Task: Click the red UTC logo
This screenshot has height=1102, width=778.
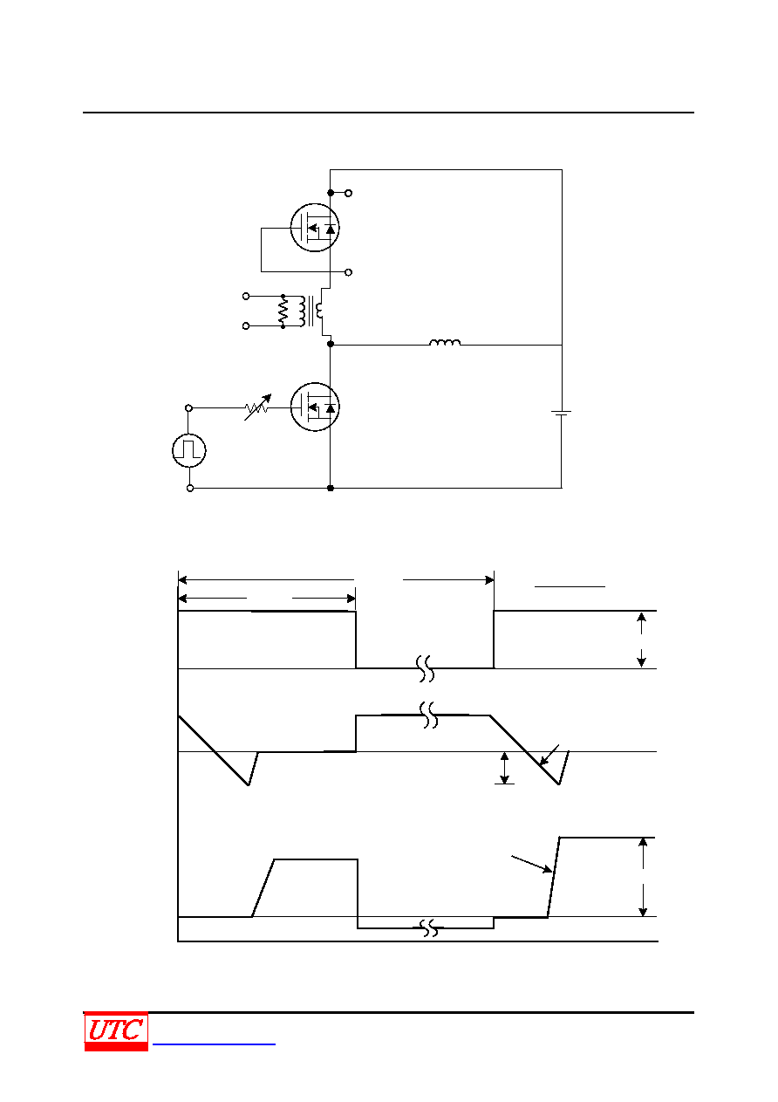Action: (116, 1030)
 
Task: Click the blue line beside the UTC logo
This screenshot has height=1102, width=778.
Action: (214, 1044)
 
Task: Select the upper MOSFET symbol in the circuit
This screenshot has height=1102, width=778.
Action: (315, 228)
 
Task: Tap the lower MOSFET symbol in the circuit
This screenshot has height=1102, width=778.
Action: (315, 407)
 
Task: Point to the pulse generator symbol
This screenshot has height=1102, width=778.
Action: (189, 450)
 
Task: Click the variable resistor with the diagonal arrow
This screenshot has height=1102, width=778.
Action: (257, 407)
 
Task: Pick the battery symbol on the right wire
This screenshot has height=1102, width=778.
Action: (561, 414)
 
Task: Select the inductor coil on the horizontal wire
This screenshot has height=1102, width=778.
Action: (445, 342)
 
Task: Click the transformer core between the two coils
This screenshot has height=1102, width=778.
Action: (310, 311)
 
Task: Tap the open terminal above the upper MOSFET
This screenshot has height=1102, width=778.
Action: (348, 193)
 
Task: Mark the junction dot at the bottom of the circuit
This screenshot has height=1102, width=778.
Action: (331, 488)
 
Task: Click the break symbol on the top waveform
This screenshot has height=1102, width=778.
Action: (426, 668)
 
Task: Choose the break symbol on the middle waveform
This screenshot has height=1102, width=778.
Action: (429, 715)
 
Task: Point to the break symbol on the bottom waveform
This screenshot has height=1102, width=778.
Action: (430, 928)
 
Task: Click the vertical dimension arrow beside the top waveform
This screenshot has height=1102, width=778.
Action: (641, 640)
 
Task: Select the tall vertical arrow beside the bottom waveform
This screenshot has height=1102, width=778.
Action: (643, 877)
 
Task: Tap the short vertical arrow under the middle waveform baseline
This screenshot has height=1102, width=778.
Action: (505, 768)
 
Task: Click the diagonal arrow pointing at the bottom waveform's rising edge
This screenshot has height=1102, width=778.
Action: (532, 865)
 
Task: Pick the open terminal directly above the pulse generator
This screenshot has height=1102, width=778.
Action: (188, 407)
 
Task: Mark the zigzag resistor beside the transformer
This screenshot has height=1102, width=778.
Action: (283, 311)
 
